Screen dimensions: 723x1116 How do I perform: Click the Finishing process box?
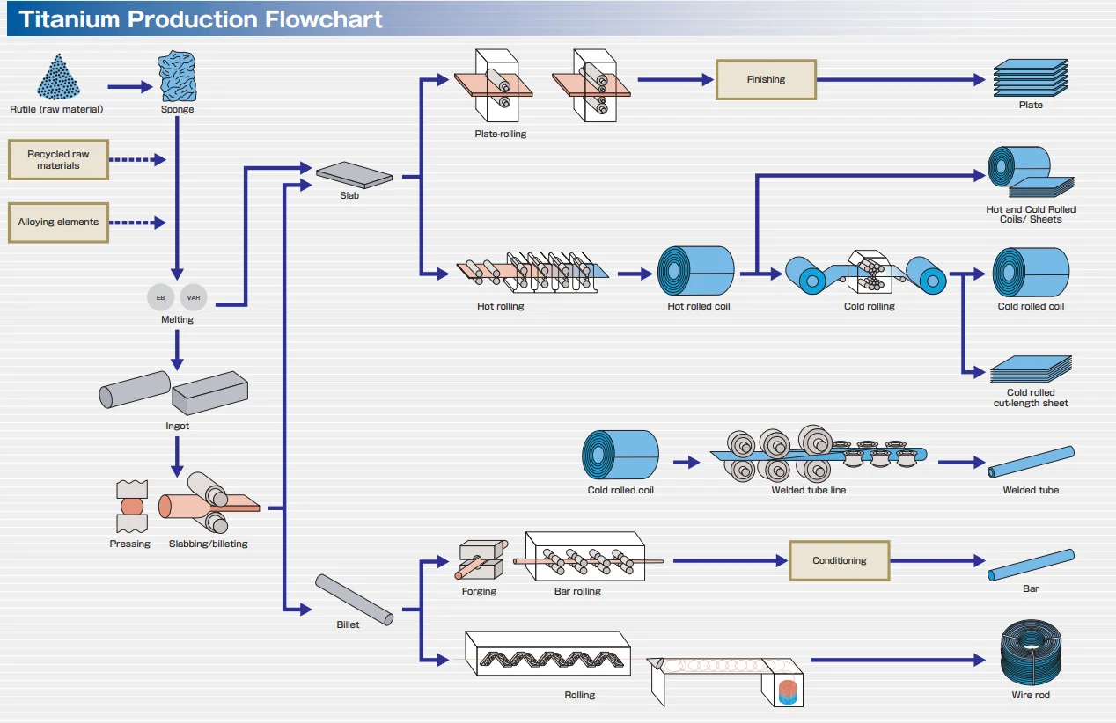(x=766, y=79)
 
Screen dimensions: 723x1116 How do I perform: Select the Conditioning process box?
(x=839, y=560)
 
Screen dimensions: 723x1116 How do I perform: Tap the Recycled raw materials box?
(x=58, y=159)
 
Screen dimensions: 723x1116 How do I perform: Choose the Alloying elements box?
(x=58, y=223)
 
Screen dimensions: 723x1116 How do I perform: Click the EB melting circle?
(x=160, y=298)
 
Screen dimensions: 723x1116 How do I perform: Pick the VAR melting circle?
(x=194, y=298)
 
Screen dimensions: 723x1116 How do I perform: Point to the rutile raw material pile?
(x=57, y=77)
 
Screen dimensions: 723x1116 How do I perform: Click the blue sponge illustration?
(x=177, y=77)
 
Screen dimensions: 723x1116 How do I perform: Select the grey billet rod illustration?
(x=354, y=600)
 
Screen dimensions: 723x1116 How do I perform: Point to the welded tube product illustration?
(x=1031, y=461)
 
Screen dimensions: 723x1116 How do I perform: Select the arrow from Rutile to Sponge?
(x=130, y=87)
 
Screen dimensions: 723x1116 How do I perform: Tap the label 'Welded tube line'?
(x=808, y=490)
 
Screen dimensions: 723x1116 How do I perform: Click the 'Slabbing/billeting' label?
(x=208, y=544)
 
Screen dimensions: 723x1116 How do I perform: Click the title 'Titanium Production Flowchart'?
(x=201, y=19)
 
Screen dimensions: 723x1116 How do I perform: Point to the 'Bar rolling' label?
(x=577, y=591)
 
